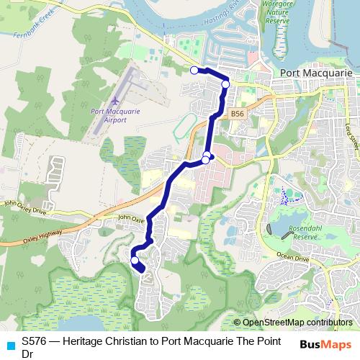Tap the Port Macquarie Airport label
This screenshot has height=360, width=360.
(x=109, y=115)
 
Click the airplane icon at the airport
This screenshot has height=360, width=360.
(x=114, y=99)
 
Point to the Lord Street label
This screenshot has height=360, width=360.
(x=351, y=133)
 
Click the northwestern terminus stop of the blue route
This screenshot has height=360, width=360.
(x=194, y=70)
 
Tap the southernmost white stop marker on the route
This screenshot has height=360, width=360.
(x=135, y=260)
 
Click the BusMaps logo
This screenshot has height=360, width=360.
(x=328, y=344)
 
